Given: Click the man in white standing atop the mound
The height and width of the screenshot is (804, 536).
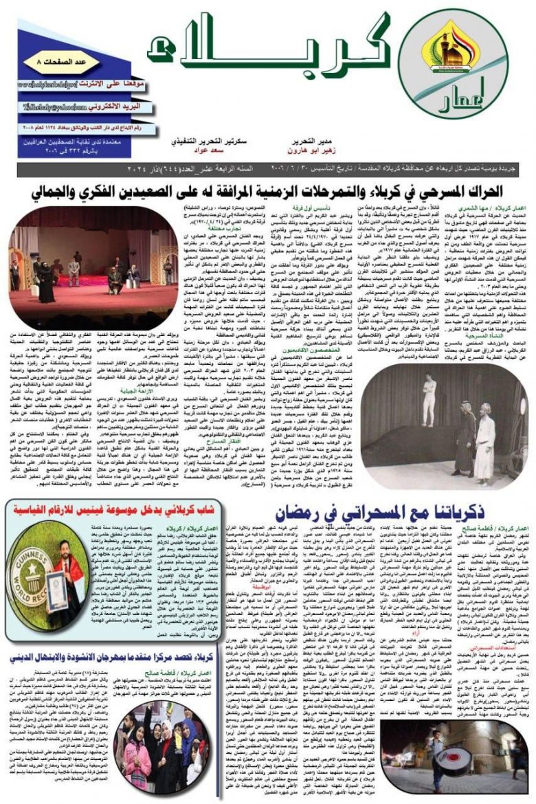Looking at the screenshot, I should click(x=429, y=398).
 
